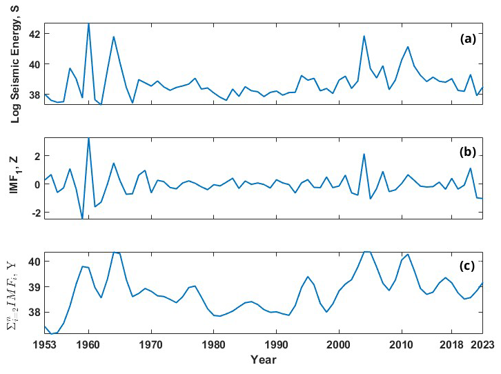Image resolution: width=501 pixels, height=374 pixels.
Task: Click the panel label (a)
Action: coord(469,39)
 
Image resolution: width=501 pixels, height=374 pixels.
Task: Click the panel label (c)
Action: coord(469,266)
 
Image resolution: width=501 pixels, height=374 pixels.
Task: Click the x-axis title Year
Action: coord(263,360)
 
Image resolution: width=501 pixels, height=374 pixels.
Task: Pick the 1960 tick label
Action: coord(88,345)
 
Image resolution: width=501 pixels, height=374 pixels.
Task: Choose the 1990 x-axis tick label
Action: coord(276,345)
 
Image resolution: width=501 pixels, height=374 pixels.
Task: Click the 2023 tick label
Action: coord(482,345)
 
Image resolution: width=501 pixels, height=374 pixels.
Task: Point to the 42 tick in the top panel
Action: coord(35,34)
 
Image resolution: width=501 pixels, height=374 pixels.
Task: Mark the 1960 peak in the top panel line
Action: coord(88,23)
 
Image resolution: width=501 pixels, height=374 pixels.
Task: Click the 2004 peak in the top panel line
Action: coord(364,36)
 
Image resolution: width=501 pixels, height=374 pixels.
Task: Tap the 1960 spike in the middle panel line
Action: coord(88,138)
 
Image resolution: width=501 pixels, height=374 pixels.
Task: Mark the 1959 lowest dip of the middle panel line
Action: coord(82,218)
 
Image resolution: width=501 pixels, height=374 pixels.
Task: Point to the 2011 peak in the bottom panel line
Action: coord(408,254)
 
